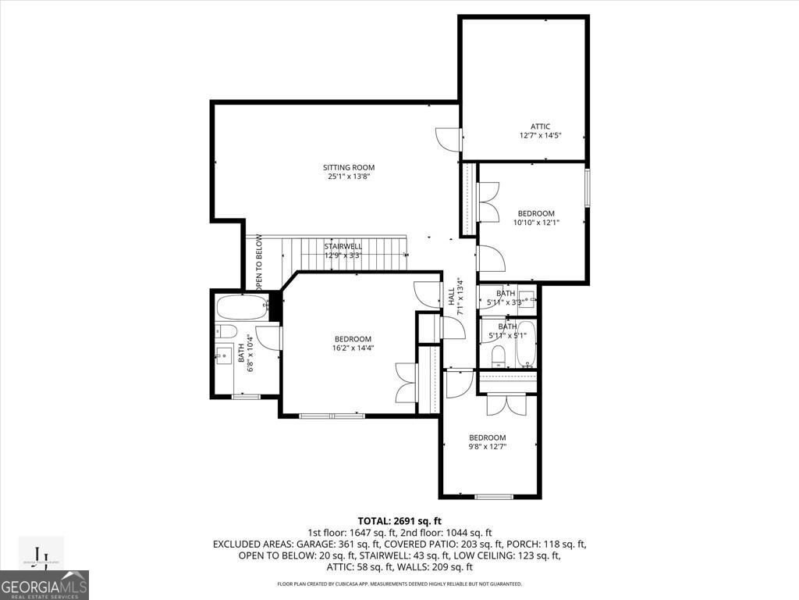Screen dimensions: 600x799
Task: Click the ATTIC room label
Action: coord(541,127)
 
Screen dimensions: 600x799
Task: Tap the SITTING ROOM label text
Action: coord(349,167)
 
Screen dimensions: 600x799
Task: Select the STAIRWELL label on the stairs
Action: coord(343,246)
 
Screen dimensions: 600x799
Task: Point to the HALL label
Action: coord(452,296)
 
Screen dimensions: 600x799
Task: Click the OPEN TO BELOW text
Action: coord(259,264)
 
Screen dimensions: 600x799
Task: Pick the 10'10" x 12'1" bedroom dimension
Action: coord(536,223)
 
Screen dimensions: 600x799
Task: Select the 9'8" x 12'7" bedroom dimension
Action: coord(487,447)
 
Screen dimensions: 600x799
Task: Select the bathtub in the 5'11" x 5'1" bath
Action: coord(527,344)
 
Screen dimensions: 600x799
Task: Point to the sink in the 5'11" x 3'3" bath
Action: coord(527,298)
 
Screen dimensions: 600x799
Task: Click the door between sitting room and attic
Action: coord(449,140)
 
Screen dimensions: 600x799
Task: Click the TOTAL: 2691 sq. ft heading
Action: coord(399,520)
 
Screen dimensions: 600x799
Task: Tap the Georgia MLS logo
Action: coord(44,585)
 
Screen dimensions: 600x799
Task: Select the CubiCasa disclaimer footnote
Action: coord(399,584)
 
